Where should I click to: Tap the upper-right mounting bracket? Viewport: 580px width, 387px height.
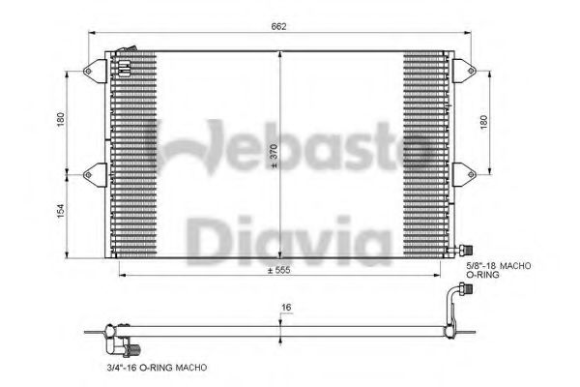click(463, 70)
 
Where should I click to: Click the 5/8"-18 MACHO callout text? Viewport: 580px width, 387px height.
click(500, 264)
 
